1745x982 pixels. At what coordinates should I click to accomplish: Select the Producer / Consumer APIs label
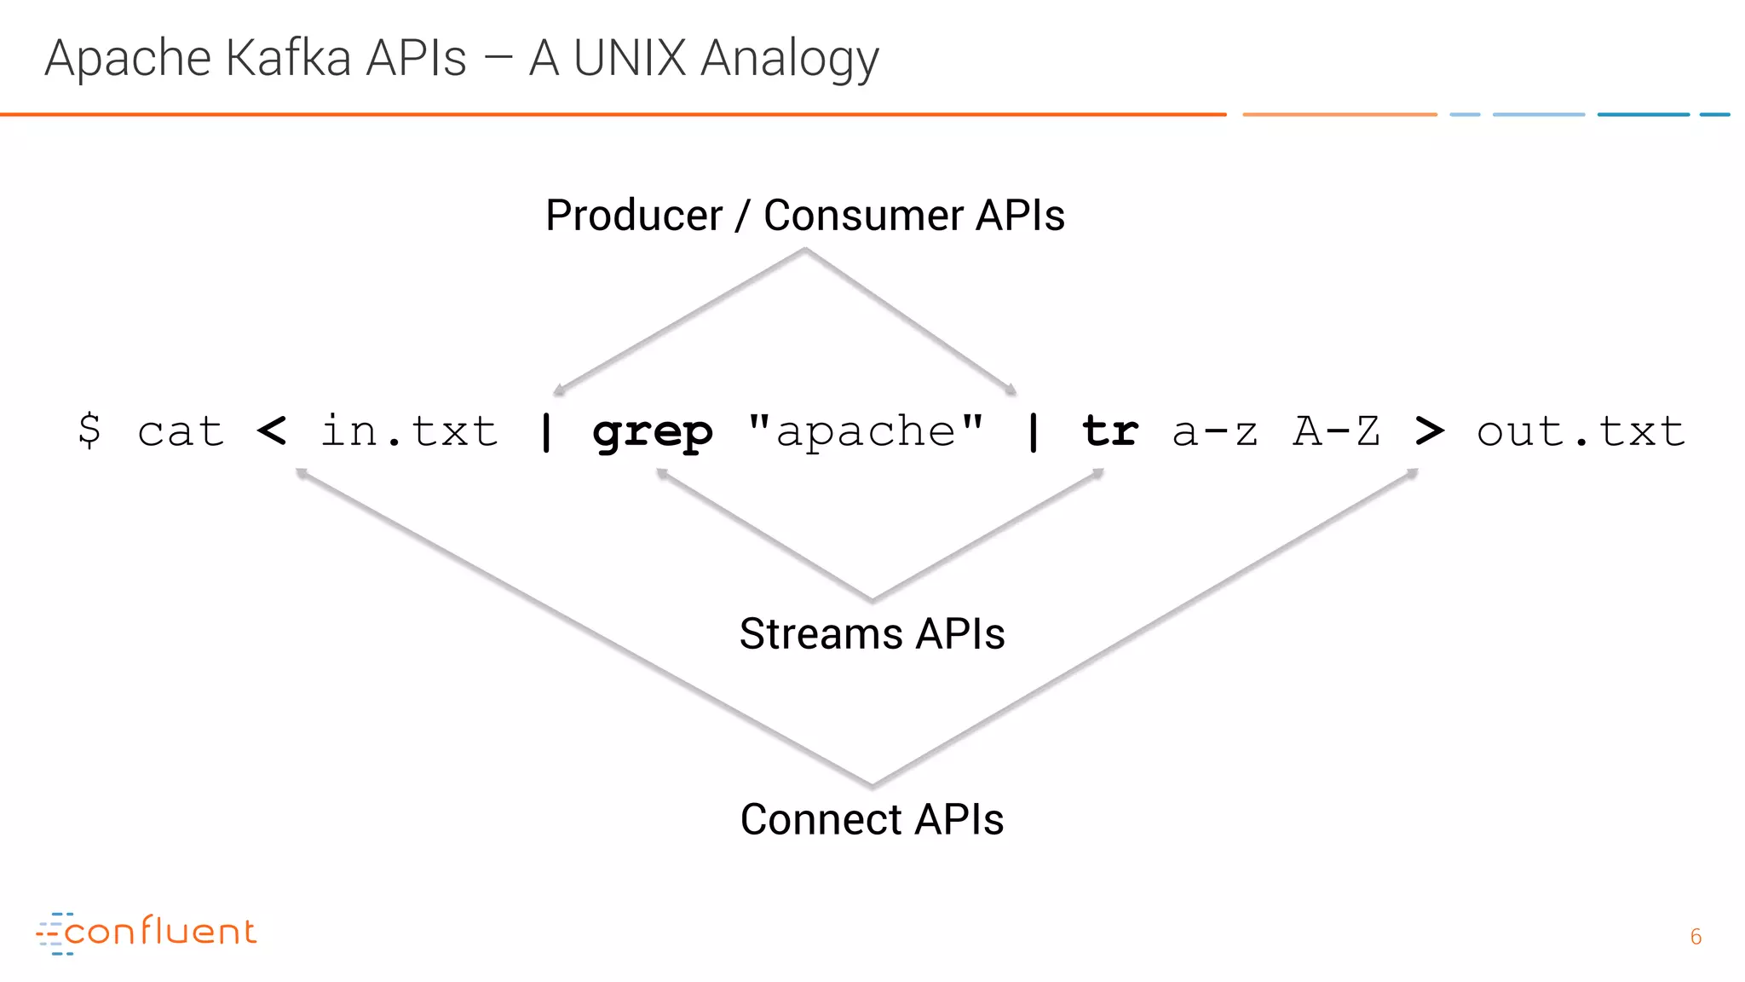(804, 215)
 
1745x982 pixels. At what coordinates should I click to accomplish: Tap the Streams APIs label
(872, 634)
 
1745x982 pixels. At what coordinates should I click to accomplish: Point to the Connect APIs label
(872, 819)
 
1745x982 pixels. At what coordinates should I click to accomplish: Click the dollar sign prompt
(89, 430)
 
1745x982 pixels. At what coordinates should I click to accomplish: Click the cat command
(181, 431)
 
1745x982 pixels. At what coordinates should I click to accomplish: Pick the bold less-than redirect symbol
(272, 430)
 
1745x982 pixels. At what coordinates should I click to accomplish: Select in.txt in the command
(409, 431)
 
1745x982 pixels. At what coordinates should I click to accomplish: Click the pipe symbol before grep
(546, 431)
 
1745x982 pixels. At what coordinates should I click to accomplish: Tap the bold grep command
(652, 433)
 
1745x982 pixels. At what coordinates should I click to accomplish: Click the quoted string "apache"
(866, 431)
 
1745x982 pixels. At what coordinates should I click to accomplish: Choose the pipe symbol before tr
(1033, 431)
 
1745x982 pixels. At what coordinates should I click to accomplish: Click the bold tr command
(1109, 431)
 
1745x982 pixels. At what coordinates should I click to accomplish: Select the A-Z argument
(1336, 431)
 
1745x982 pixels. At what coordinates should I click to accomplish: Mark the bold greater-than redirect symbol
(1429, 430)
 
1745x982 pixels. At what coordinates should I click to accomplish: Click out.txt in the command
(1581, 431)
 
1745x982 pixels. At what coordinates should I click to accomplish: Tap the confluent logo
(146, 932)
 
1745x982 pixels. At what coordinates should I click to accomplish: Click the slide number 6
(1696, 937)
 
